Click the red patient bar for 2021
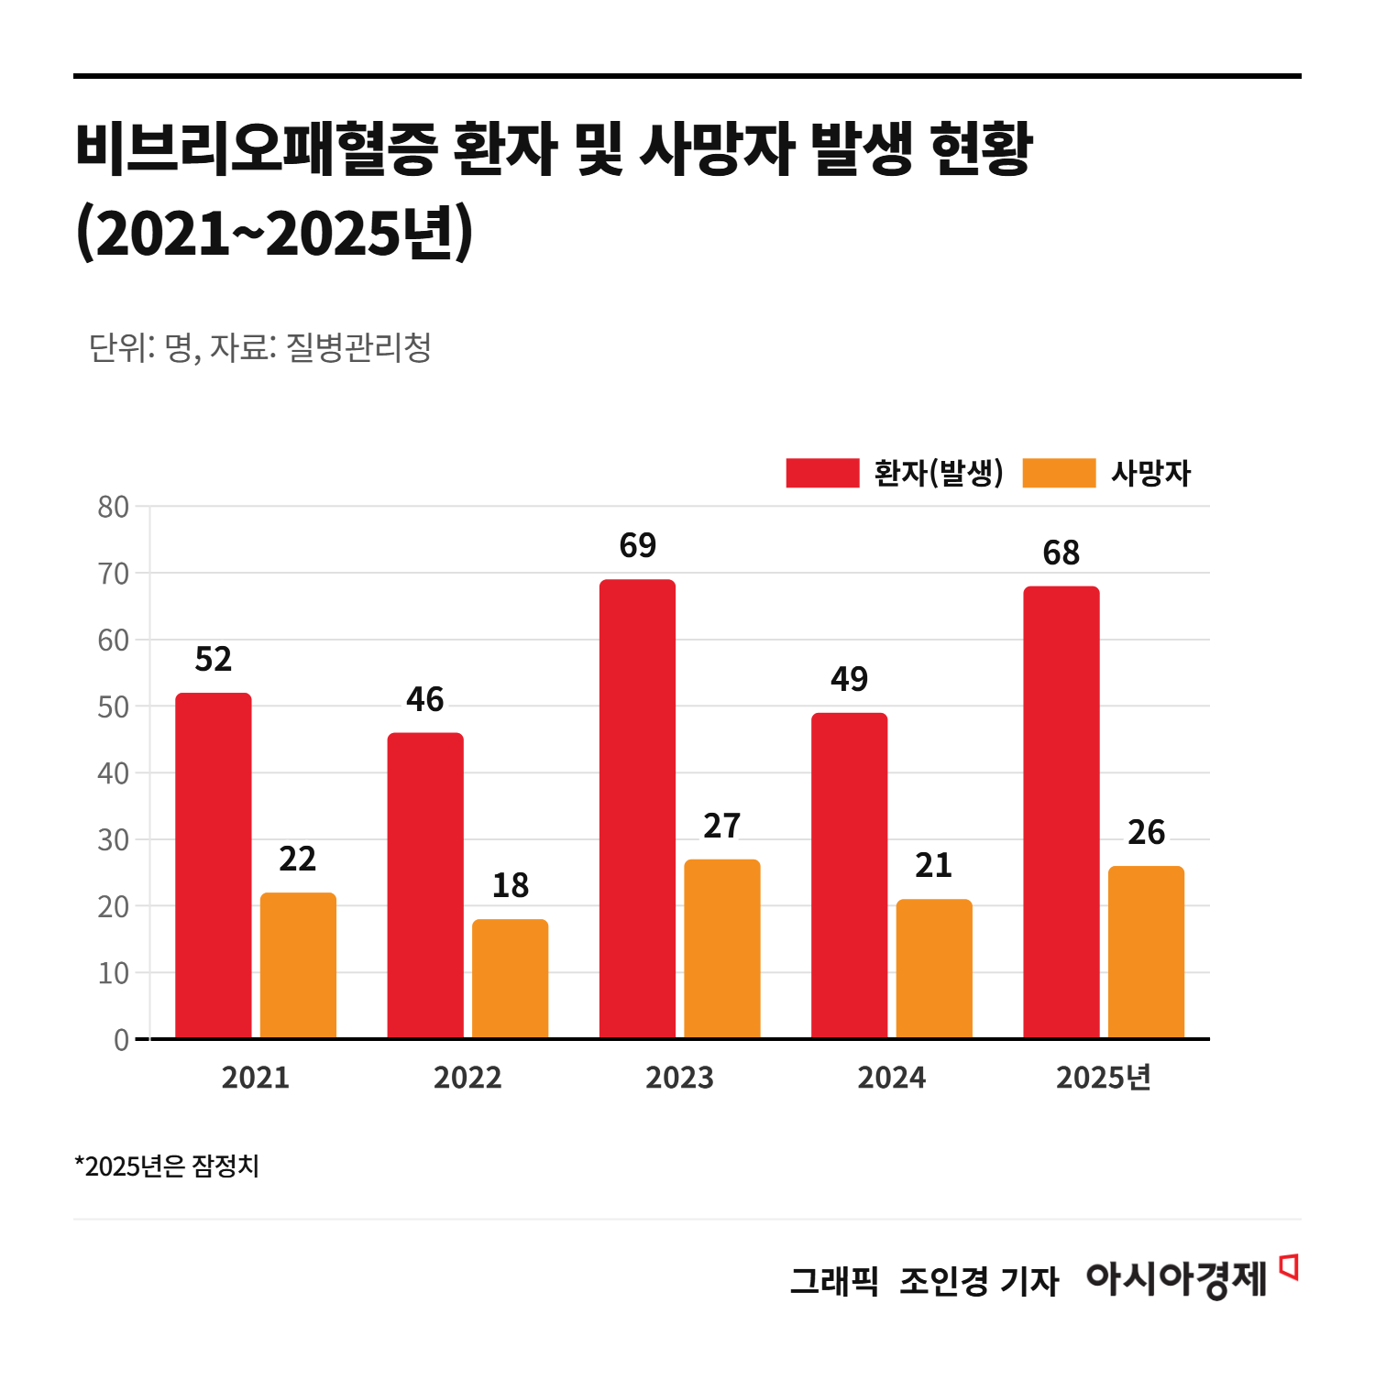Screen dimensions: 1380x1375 pos(213,865)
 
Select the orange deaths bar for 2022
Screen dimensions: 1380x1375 pos(510,979)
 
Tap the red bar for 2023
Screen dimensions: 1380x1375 pos(637,808)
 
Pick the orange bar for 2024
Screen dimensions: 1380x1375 pos(934,969)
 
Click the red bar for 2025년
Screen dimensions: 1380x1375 pos(1061,812)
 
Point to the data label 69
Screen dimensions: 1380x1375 pos(638,546)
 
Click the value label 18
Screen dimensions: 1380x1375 pos(510,886)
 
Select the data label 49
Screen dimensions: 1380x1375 pos(849,680)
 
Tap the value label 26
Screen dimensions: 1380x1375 pos(1146,833)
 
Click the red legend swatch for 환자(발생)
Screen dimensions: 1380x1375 pos(822,474)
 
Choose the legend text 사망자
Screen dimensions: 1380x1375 pos(1150,474)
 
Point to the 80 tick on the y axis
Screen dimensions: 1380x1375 pos(114,507)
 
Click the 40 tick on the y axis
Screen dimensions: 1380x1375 pos(114,773)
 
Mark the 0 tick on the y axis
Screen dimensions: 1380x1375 pos(121,1040)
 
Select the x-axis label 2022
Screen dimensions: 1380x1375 pos(467,1078)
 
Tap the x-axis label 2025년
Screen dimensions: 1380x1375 pos(1103,1078)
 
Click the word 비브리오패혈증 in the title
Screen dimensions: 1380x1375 pos(257,149)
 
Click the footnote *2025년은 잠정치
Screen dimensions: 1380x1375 pos(167,1166)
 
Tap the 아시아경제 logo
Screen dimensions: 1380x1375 pos(1176,1279)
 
